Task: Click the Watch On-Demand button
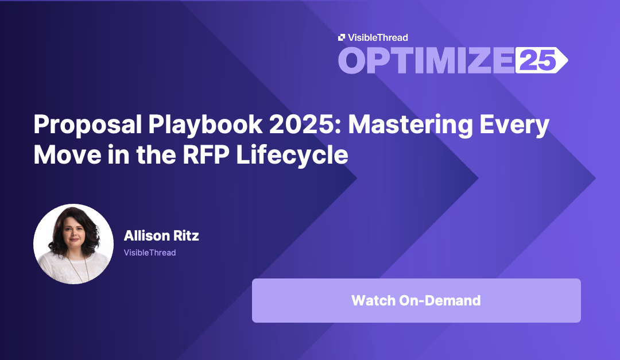416,300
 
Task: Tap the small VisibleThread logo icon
342,37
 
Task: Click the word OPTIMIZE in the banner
425,60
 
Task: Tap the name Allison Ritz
161,235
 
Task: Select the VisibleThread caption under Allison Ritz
150,253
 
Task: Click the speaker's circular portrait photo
73,243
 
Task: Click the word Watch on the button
373,300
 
